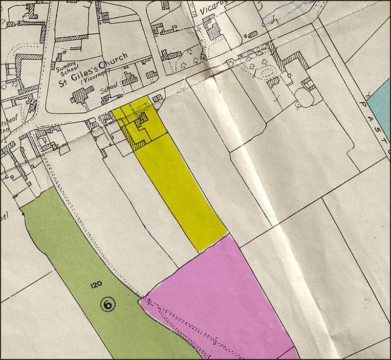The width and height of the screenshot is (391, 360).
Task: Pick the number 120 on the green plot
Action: tap(96, 284)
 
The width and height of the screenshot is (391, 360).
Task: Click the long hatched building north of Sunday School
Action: tap(71, 37)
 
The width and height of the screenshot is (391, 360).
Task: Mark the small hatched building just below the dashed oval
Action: tap(273, 82)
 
